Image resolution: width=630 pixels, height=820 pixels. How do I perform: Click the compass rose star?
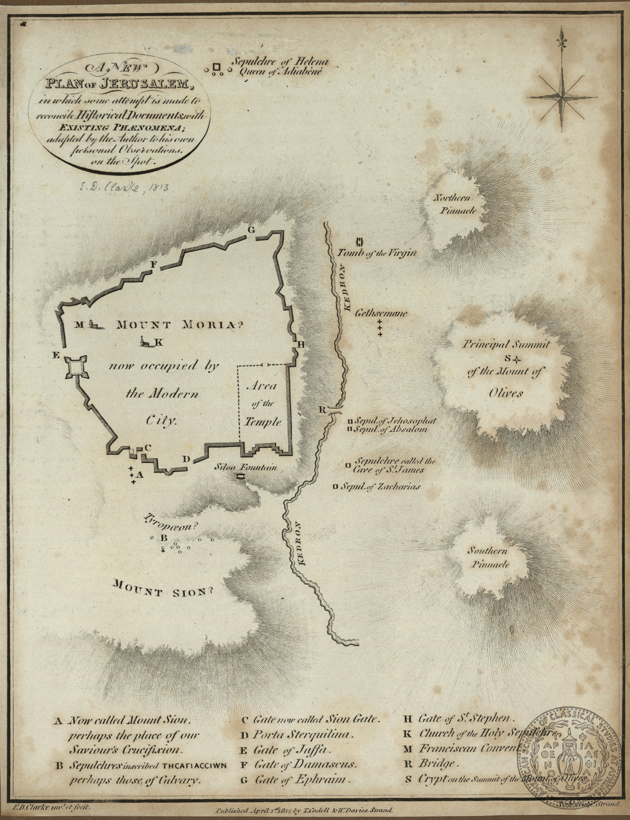tap(563, 96)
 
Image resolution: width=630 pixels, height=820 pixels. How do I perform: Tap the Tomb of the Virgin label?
tap(377, 253)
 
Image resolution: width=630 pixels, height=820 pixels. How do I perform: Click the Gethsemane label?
tap(381, 313)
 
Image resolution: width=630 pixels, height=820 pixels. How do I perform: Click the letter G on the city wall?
tap(251, 229)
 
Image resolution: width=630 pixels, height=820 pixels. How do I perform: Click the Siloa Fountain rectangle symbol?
tap(240, 476)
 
